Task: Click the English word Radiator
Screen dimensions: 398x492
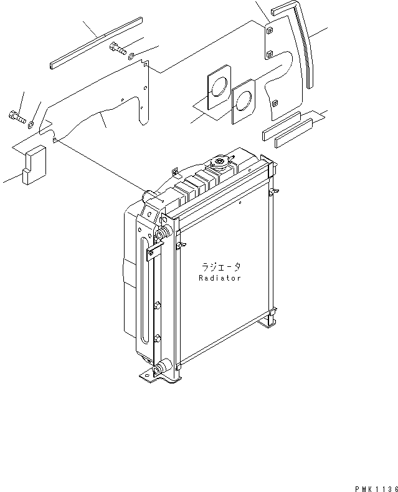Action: click(220, 278)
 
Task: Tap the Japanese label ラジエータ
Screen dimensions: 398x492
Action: click(220, 266)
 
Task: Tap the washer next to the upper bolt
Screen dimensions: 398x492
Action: click(133, 57)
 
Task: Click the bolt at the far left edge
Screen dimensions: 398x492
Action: click(16, 115)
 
